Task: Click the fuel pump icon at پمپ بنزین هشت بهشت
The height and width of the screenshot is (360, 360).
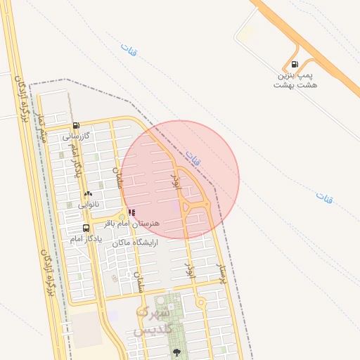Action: [294, 64]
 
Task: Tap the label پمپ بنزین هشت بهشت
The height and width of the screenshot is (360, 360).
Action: [295, 79]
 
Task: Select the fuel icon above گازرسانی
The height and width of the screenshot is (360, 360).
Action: [76, 126]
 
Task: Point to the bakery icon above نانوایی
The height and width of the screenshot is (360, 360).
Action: [88, 193]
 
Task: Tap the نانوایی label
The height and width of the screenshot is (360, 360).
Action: [89, 205]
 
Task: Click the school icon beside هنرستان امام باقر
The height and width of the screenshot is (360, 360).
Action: [131, 212]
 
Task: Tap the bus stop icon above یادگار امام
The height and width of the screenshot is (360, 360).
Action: [86, 228]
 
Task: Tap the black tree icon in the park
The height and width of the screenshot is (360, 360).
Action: [176, 351]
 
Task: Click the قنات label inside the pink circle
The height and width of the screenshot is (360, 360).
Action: [193, 157]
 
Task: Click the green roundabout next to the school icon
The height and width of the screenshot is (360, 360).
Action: [121, 216]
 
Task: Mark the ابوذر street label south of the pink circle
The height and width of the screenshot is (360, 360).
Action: [189, 270]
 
